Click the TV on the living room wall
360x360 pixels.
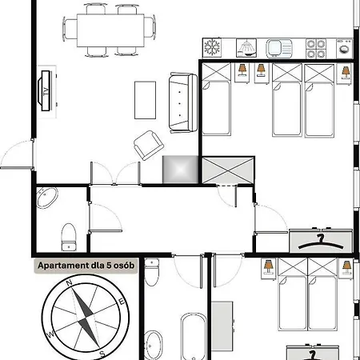click(x=46, y=90)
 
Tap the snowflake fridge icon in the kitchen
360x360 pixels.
click(x=212, y=47)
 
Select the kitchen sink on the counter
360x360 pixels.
click(x=279, y=48)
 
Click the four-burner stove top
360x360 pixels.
click(x=316, y=48)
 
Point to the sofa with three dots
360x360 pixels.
click(x=183, y=103)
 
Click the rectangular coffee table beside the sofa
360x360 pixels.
click(x=145, y=100)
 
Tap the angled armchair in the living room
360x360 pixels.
click(x=149, y=146)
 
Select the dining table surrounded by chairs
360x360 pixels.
click(x=110, y=30)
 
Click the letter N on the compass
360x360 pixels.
click(x=70, y=282)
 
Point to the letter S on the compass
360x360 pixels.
click(x=102, y=354)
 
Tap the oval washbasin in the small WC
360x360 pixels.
click(x=47, y=198)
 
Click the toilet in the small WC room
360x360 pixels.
click(x=69, y=237)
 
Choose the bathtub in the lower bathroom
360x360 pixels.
click(x=194, y=337)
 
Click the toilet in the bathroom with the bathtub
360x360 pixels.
click(x=152, y=272)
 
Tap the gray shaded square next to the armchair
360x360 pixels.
click(x=181, y=170)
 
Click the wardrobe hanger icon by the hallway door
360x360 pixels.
click(x=321, y=241)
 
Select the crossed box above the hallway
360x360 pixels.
click(x=228, y=170)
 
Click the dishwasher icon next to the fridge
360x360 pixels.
click(x=246, y=48)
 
